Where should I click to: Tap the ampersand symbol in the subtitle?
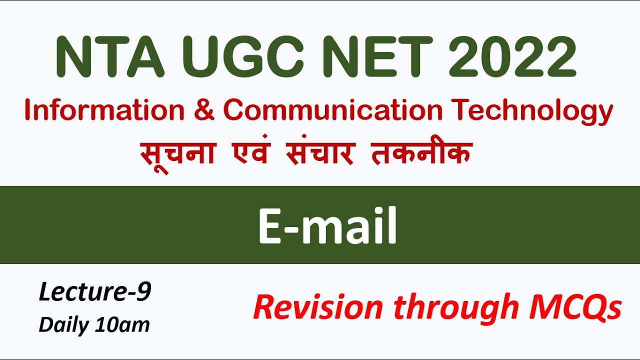click(203, 111)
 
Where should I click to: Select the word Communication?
click(333, 111)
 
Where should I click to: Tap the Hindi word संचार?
click(320, 152)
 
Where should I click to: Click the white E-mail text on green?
click(327, 226)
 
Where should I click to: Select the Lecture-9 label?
click(94, 292)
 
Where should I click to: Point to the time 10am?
click(122, 325)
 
